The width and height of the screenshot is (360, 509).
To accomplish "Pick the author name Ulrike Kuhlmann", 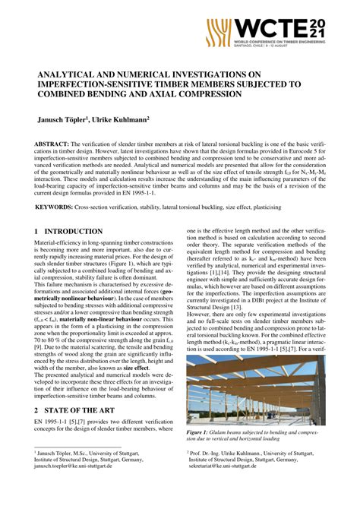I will click(122, 120).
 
